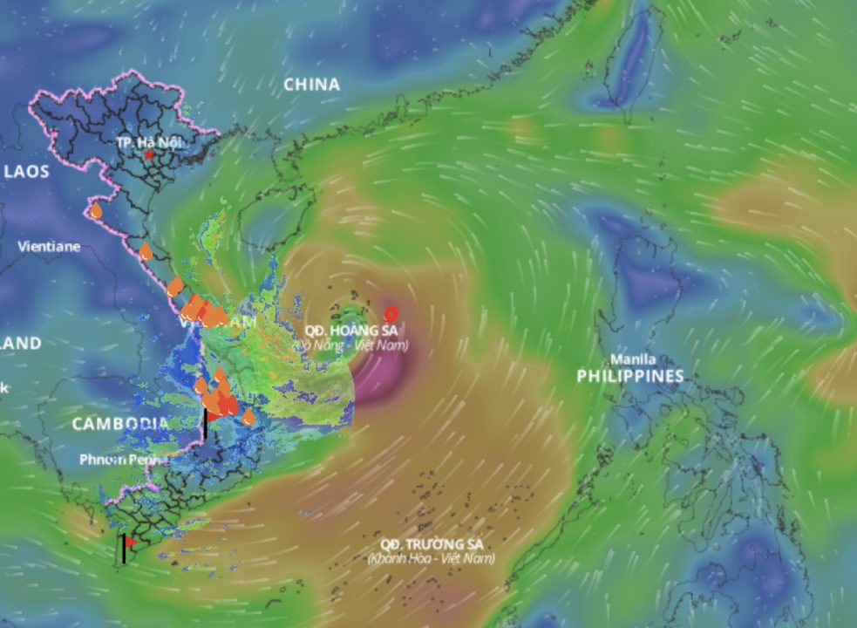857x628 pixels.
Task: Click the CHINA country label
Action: click(x=311, y=85)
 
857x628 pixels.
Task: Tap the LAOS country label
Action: click(x=26, y=171)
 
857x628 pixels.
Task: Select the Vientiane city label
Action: click(x=49, y=247)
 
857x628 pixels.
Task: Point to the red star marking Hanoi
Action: click(x=149, y=154)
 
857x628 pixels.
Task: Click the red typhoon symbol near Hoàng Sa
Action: click(x=391, y=313)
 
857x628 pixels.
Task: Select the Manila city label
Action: click(x=633, y=359)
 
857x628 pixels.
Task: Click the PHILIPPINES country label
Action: click(x=629, y=376)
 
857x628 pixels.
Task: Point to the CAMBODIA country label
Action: click(x=119, y=423)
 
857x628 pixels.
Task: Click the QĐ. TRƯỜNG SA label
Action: click(x=425, y=544)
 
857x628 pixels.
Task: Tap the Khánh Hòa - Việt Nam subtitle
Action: click(x=431, y=558)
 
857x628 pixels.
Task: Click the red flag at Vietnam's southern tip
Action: click(x=130, y=542)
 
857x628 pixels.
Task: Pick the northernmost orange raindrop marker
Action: click(x=96, y=210)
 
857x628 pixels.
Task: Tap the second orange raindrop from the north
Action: click(x=146, y=252)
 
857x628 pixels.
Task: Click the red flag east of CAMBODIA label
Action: click(x=211, y=417)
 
